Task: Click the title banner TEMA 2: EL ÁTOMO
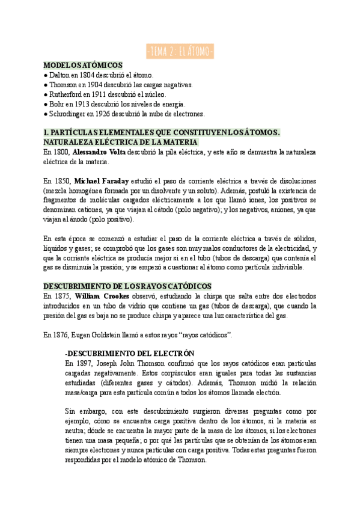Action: click(180, 52)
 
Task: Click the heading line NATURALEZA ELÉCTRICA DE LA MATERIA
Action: click(120, 142)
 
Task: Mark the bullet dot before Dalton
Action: click(46, 75)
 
